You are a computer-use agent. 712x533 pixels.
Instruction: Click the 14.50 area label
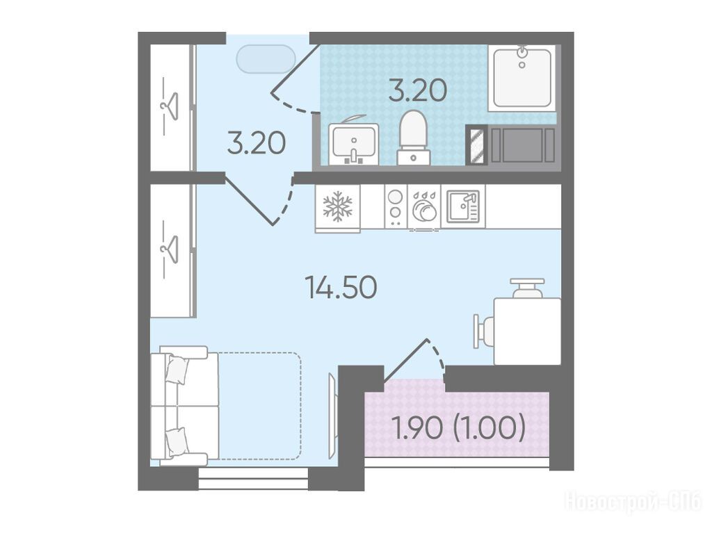click(x=342, y=288)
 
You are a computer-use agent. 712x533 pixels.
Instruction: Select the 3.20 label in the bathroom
click(x=418, y=90)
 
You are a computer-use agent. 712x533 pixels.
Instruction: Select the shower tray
click(x=522, y=78)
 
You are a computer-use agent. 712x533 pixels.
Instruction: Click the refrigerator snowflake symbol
click(x=337, y=206)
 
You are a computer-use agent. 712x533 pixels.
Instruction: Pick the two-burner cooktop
click(x=396, y=206)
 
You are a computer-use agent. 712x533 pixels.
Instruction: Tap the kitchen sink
click(x=462, y=206)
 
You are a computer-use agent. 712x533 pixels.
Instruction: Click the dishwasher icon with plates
click(x=424, y=208)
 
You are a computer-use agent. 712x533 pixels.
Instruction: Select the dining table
click(x=527, y=331)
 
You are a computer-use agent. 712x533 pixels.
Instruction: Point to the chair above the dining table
click(x=527, y=288)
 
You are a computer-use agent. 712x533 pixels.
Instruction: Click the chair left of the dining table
click(x=484, y=331)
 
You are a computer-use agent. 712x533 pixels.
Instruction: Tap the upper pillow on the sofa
click(x=177, y=369)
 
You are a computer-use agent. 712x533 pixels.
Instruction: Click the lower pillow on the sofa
click(x=177, y=442)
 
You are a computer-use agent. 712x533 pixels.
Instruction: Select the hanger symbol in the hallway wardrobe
click(x=169, y=106)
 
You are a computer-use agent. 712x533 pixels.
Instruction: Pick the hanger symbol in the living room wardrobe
click(x=169, y=249)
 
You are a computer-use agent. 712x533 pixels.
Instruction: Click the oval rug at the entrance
click(x=266, y=58)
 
